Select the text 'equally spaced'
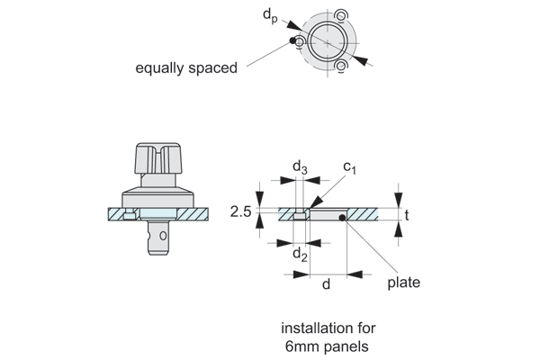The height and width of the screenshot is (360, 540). click(186, 67)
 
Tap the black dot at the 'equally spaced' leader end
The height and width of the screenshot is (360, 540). click(294, 40)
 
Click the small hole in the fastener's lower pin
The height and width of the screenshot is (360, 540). click(162, 237)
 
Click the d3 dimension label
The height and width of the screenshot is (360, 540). click(300, 167)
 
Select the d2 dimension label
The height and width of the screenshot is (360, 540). click(300, 256)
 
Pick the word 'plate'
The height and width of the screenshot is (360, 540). click(403, 283)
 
